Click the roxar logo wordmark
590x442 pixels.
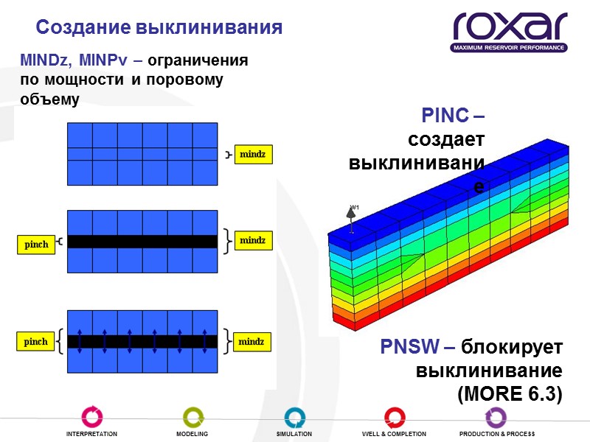coord(510,27)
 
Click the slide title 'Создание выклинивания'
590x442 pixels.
coord(159,28)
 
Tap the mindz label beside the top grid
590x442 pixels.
coord(252,155)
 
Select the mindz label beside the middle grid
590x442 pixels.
coord(252,240)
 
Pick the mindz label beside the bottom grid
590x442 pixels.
coord(252,342)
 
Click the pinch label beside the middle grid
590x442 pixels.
coord(36,245)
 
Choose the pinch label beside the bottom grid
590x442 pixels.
coord(36,342)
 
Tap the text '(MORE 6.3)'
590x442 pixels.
coord(510,394)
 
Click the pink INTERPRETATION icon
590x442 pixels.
coord(91,417)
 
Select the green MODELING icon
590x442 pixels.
coord(192,417)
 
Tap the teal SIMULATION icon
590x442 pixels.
coord(294,417)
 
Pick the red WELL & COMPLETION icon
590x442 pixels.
coord(394,417)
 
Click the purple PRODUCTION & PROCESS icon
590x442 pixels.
coord(496,417)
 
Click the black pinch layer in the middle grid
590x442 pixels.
coord(142,241)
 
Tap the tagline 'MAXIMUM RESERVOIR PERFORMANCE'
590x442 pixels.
coord(510,48)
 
